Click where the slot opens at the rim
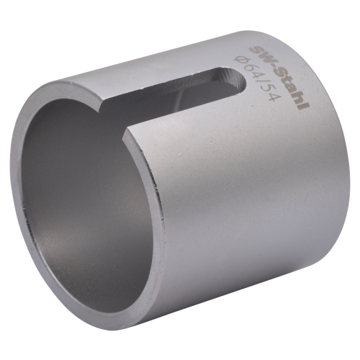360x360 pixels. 115,119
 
